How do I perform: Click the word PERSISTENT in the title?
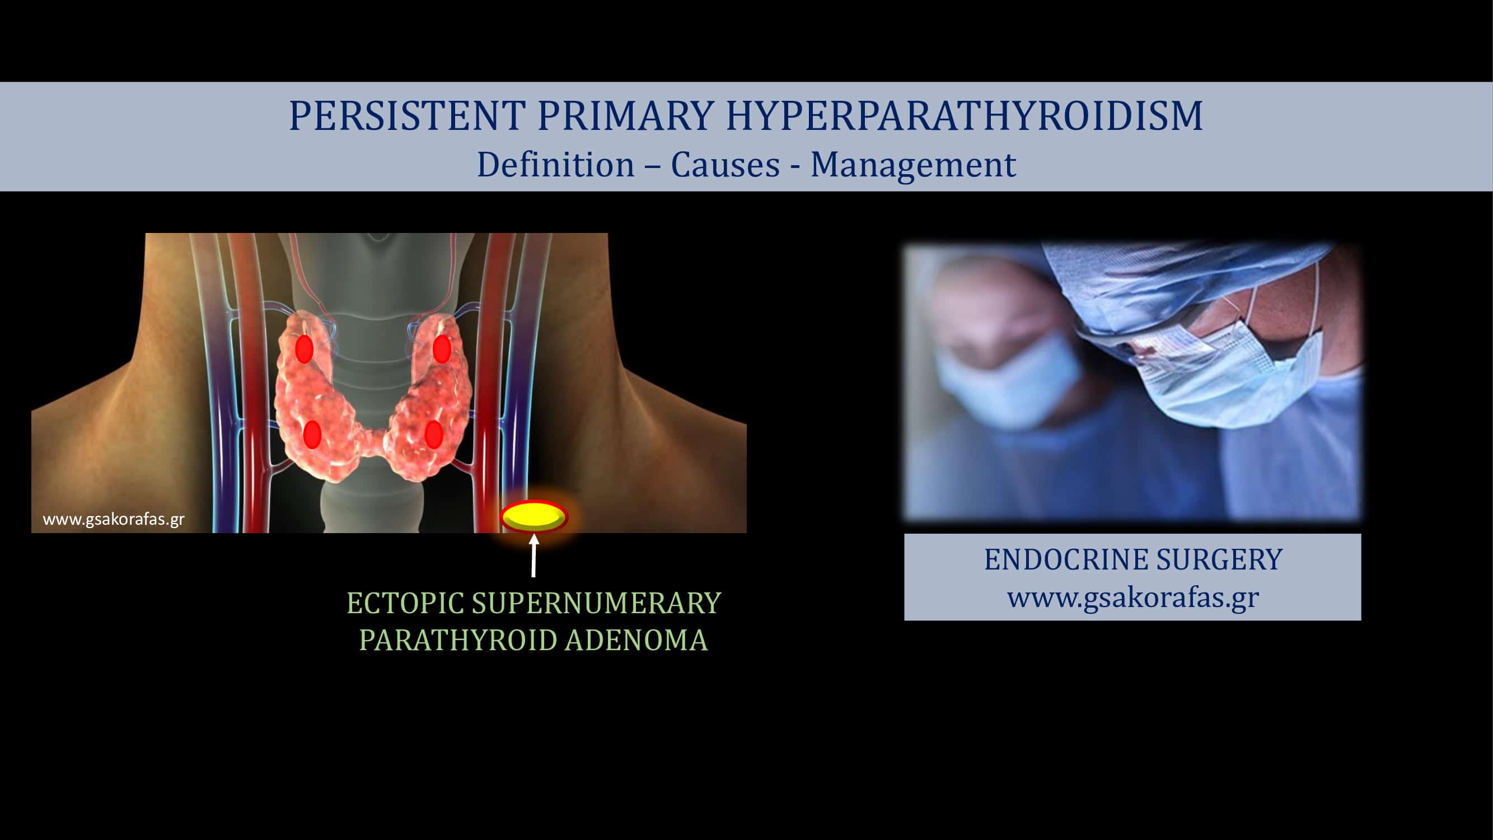408,115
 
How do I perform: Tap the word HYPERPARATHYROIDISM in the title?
965,115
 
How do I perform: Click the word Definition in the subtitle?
555,164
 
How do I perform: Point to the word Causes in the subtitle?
725,165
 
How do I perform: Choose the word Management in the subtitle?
913,165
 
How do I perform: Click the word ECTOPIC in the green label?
405,604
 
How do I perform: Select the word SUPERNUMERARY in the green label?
596,604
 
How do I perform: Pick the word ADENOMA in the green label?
636,641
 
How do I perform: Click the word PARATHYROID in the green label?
458,641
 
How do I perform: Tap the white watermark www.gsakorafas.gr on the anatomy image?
114,520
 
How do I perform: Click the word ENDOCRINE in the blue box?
1066,559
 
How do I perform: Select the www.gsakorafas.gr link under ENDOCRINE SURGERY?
1133,598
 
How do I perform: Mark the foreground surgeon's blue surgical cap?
1182,284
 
